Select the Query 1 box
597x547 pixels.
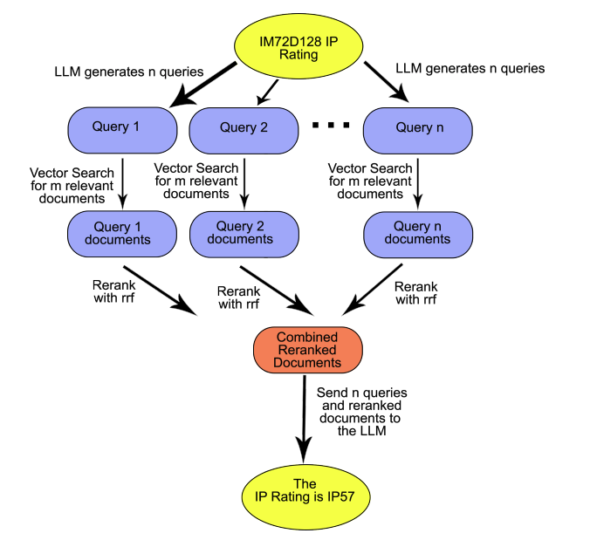(x=122, y=128)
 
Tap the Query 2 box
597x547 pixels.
(x=244, y=128)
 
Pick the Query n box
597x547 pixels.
(x=418, y=128)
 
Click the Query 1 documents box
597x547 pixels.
(x=122, y=233)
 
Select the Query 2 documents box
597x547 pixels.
(x=244, y=233)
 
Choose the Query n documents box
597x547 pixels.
(x=418, y=233)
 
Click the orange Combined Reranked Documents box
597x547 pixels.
(x=308, y=349)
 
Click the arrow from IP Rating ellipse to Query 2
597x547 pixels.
(x=267, y=91)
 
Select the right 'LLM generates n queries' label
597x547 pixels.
(x=470, y=68)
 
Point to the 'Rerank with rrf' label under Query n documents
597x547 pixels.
(x=415, y=292)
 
